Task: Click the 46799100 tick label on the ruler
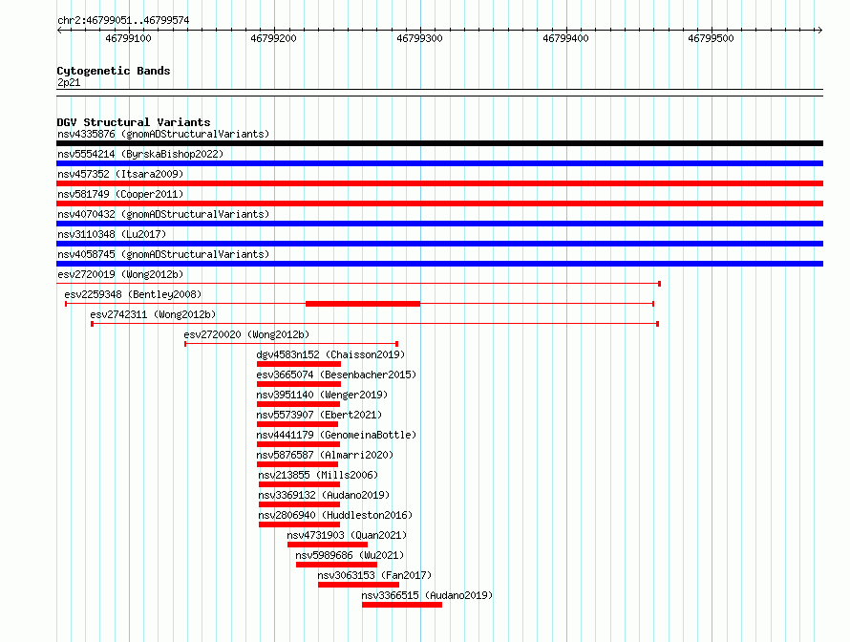128,38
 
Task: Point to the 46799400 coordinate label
565,38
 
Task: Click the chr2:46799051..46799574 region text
123,21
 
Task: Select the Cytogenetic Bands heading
114,71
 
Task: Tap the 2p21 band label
69,82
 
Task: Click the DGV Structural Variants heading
134,122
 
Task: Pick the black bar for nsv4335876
439,143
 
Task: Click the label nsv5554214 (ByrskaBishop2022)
140,154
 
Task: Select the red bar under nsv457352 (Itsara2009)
439,183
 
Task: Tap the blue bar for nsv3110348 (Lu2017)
439,244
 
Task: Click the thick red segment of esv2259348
363,304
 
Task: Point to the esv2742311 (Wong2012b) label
153,314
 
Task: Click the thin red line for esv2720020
291,344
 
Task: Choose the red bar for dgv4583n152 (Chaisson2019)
299,364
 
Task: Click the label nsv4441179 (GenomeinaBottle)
336,435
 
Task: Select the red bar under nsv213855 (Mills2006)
299,484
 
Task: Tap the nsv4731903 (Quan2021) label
347,535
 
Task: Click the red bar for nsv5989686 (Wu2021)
336,565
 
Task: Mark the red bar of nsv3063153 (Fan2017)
358,585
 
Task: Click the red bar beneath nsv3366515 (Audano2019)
402,605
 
